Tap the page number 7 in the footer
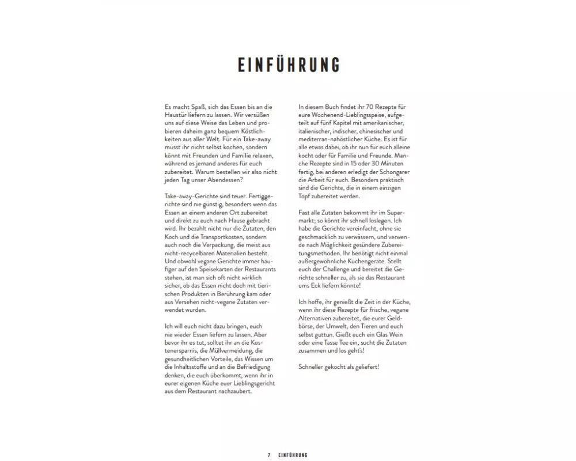tap(269, 455)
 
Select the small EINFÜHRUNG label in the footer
tap(293, 455)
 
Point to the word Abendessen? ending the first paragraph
tap(213, 180)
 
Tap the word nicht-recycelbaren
tap(190, 253)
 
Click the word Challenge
tap(343, 269)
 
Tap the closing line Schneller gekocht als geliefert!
tap(339, 367)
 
